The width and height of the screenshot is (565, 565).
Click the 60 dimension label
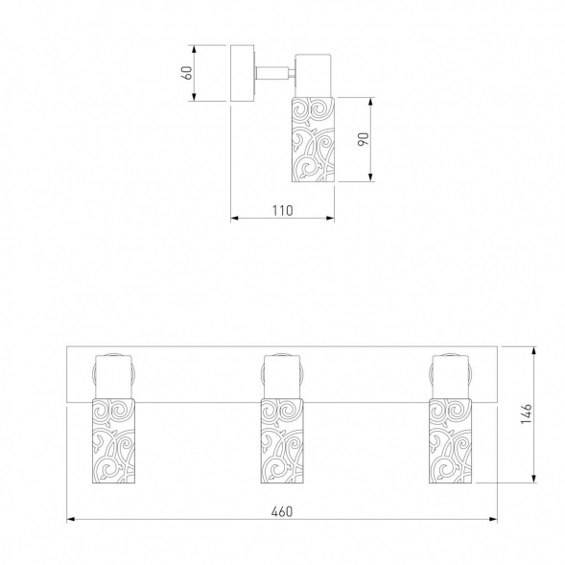(x=188, y=73)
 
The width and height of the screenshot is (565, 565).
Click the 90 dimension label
(x=364, y=139)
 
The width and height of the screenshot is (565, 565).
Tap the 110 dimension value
(x=283, y=210)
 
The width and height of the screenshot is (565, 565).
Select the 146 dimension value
(x=527, y=414)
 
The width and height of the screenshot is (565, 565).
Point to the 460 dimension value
(x=282, y=511)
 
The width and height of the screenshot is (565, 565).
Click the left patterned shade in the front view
(x=113, y=440)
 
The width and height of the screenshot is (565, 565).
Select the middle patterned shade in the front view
(x=282, y=440)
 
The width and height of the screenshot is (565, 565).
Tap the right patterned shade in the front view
(x=451, y=440)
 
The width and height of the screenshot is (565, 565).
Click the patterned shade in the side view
(x=313, y=139)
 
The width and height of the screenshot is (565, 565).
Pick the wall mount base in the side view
(x=243, y=73)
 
